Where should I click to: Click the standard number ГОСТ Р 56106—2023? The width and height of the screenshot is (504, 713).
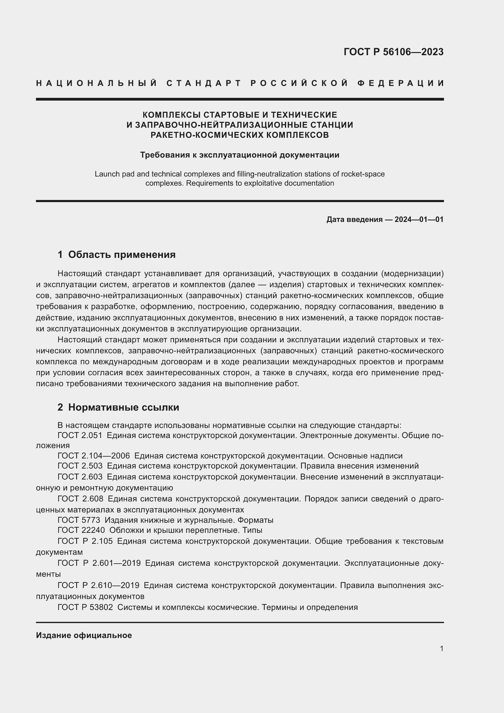click(393, 52)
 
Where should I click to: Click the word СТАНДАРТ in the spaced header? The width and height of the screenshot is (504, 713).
click(204, 83)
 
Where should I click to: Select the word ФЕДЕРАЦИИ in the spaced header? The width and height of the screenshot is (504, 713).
click(400, 83)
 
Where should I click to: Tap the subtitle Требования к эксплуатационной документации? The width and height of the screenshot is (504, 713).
click(240, 155)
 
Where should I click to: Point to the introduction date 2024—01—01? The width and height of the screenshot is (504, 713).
click(419, 219)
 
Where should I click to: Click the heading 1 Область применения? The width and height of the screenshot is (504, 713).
click(116, 255)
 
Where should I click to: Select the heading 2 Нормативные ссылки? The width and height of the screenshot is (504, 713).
click(118, 407)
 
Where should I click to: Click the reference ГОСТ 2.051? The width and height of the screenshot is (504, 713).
click(80, 435)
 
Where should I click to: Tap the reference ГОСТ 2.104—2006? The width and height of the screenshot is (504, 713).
click(94, 456)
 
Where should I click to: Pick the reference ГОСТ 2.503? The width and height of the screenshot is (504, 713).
click(80, 466)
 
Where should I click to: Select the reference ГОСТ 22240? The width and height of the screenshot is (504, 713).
click(81, 530)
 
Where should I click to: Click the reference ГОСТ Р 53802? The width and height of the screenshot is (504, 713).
click(85, 607)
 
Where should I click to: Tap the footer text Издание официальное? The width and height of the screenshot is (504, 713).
click(84, 635)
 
